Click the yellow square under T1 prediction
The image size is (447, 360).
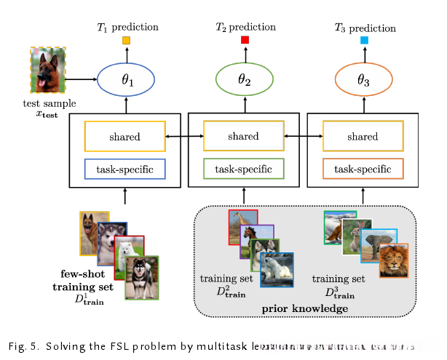[x=126, y=41]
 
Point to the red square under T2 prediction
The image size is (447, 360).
[x=245, y=40]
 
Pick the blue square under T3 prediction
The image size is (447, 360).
[x=364, y=41]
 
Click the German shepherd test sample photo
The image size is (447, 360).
[x=48, y=71]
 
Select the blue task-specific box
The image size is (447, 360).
[x=126, y=169]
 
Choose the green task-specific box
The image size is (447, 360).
[x=243, y=169]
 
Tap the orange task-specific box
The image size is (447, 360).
[x=363, y=169]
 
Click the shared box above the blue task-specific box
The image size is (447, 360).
[x=126, y=136]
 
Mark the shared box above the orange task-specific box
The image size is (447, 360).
[x=363, y=136]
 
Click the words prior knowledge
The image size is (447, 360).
[x=304, y=309]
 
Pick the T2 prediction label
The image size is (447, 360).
[x=245, y=27]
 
